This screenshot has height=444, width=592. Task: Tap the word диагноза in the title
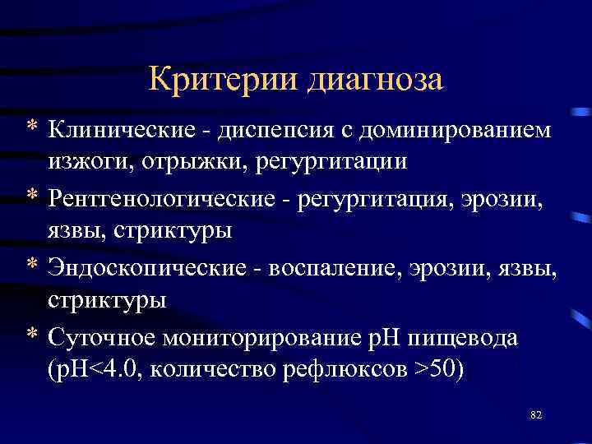tap(375, 81)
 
